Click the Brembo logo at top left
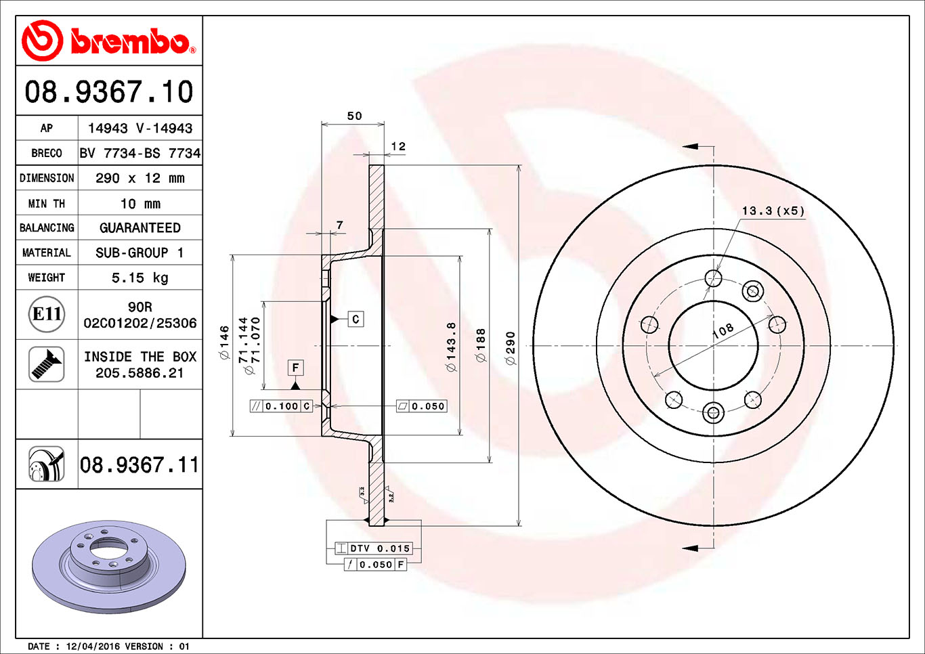[108, 41]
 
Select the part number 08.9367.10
[109, 92]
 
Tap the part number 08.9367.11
[139, 465]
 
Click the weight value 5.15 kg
[139, 278]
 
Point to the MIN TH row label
[47, 204]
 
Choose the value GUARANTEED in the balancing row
[139, 228]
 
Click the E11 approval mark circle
[47, 314]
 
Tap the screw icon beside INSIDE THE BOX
[47, 364]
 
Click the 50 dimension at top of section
[354, 116]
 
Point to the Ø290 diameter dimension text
[511, 348]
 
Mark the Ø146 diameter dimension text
[224, 342]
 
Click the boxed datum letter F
[295, 368]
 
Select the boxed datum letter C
[356, 319]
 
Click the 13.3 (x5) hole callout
[773, 211]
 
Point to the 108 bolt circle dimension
[723, 330]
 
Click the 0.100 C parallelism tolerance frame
[281, 406]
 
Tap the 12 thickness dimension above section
[398, 146]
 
